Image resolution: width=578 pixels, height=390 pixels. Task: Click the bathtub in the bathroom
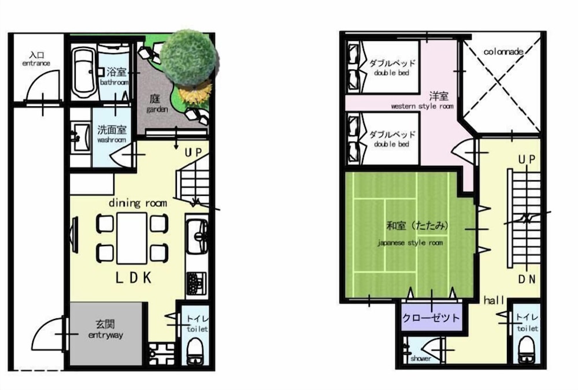83,72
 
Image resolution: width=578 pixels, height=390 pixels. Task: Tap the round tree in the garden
190,58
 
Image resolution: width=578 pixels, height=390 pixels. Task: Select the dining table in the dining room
132,238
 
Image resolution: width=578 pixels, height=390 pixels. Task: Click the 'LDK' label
134,277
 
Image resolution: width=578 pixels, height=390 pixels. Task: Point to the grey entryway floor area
106,333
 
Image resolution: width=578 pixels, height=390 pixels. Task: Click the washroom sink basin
81,138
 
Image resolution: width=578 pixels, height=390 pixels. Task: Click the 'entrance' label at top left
36,63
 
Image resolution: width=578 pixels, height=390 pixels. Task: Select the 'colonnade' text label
503,51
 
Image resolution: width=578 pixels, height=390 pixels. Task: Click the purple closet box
431,318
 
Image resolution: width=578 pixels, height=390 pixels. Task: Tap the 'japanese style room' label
410,243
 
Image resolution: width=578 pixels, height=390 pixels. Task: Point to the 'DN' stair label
527,280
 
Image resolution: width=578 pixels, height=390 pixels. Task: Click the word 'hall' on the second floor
494,300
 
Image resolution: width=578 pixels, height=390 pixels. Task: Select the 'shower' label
421,358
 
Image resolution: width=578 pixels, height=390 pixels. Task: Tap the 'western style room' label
422,106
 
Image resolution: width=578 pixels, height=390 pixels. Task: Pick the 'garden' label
157,109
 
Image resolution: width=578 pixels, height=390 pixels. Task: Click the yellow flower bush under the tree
195,94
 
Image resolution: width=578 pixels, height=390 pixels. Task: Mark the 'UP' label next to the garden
194,152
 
